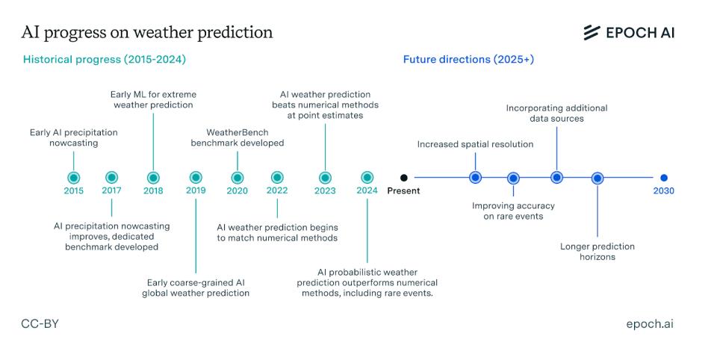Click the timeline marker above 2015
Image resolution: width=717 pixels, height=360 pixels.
[x=74, y=178]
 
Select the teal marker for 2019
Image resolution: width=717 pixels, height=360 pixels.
[x=196, y=178]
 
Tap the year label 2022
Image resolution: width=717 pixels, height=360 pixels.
[x=277, y=190]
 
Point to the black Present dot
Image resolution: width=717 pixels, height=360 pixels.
[x=404, y=178]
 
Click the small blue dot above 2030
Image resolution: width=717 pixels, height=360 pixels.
[x=664, y=178]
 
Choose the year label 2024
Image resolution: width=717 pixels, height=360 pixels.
[x=367, y=190]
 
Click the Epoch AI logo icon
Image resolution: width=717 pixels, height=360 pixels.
[x=592, y=32]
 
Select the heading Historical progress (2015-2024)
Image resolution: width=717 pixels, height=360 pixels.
[x=105, y=60]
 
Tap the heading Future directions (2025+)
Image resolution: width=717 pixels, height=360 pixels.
[x=468, y=60]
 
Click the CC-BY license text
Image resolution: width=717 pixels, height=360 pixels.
[x=40, y=324]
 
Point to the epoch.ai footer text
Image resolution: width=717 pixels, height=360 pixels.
[x=650, y=324]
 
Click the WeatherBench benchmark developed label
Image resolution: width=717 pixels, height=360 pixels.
[x=238, y=137]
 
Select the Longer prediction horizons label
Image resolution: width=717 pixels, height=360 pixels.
[x=597, y=252]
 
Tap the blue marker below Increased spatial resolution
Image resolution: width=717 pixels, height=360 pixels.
[x=476, y=178]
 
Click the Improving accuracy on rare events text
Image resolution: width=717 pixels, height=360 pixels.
[x=513, y=211]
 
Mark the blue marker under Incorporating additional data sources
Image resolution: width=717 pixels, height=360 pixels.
[x=556, y=178]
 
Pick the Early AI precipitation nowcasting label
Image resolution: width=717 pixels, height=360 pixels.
[x=74, y=137]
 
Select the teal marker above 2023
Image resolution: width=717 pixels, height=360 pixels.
[x=325, y=178]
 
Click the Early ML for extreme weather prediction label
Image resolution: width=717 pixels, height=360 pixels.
[x=153, y=100]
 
